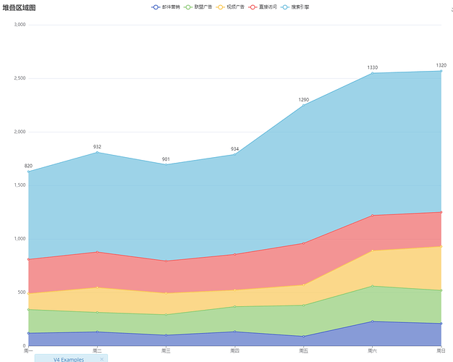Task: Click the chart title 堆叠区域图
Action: (x=20, y=7)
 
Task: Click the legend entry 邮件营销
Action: (x=166, y=7)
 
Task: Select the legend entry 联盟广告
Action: (x=198, y=7)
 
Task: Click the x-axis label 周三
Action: (x=165, y=350)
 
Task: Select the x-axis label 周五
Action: (x=303, y=350)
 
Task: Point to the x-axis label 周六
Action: (x=372, y=350)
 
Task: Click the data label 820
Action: (x=28, y=166)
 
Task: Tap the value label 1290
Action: (x=304, y=100)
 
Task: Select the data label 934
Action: (x=234, y=149)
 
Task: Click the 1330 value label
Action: (x=373, y=67)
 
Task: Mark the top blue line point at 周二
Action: (x=97, y=153)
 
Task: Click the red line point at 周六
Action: (x=373, y=216)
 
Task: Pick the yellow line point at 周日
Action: (x=441, y=247)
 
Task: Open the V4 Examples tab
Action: (x=68, y=358)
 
